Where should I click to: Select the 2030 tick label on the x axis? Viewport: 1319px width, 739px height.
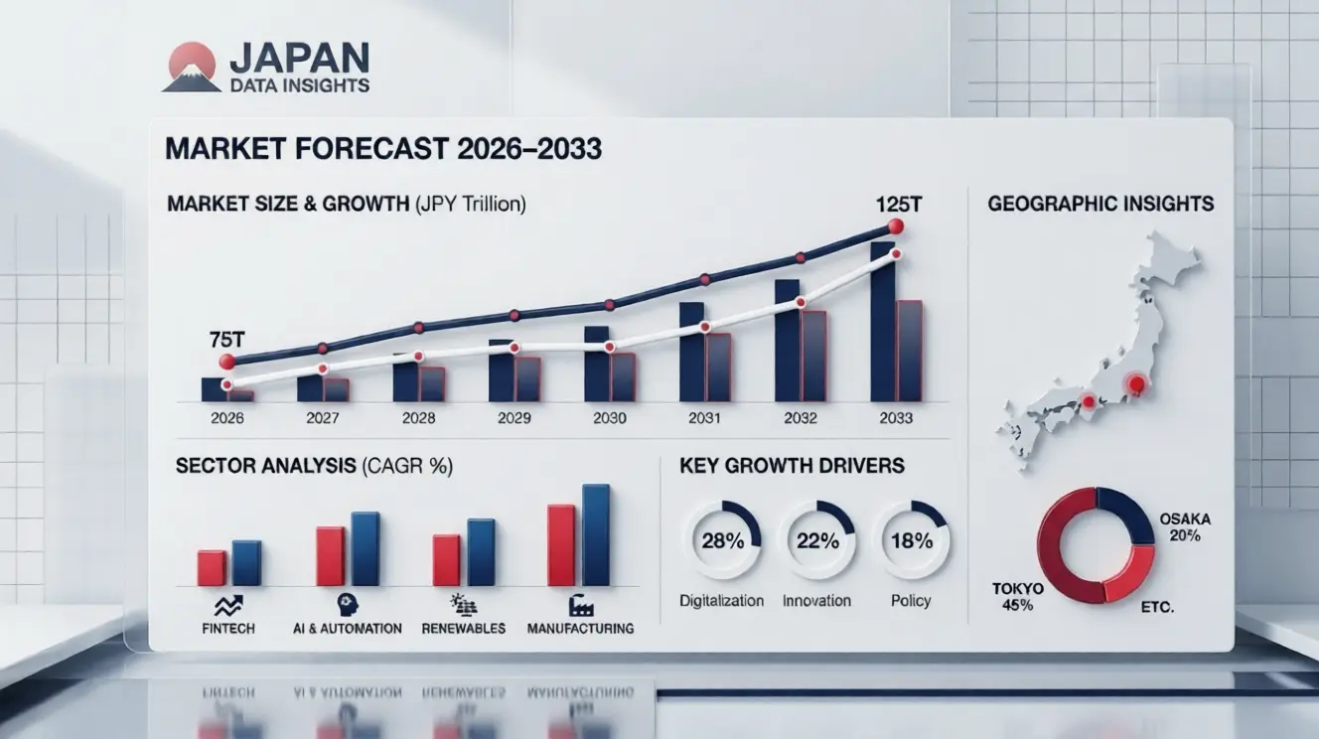[609, 418]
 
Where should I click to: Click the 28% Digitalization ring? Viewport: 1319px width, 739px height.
[722, 540]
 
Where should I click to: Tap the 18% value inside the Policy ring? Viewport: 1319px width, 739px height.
[911, 541]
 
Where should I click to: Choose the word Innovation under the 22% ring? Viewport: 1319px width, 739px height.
[816, 600]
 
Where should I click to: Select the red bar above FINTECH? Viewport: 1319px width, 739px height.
[212, 567]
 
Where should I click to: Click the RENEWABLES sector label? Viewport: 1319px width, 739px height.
[463, 628]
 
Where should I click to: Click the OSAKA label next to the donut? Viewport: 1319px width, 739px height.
[1185, 519]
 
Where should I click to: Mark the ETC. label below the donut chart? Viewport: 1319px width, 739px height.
[1158, 606]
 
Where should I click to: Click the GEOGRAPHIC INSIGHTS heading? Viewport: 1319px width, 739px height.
[1100, 204]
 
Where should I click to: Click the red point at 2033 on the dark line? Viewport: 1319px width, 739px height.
[895, 226]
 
